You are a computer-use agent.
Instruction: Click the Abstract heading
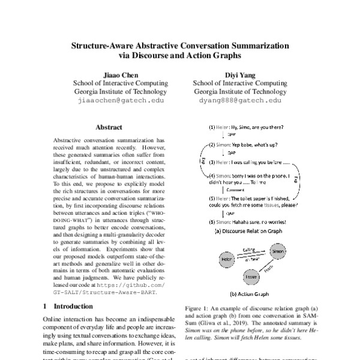[109, 127]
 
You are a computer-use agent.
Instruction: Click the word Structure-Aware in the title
[107, 46]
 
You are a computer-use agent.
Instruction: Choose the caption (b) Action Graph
[249, 293]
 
